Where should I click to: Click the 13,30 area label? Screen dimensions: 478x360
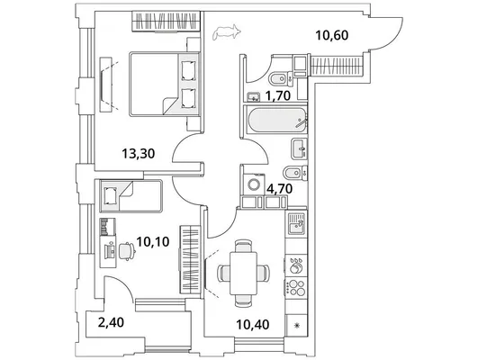point(138,153)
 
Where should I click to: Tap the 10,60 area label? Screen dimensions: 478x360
point(332,35)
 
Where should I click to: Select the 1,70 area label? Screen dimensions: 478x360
point(277,95)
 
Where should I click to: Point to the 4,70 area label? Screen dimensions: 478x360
point(280,189)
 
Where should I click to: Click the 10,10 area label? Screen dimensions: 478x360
point(153,242)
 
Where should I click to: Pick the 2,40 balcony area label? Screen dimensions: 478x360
point(111,322)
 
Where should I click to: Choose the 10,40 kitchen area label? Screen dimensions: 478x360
point(253,324)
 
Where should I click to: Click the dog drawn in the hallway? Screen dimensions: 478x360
point(227,32)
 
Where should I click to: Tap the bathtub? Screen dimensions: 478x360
point(277,120)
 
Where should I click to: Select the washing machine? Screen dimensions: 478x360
point(254,184)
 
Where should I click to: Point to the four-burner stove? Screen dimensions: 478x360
point(295,288)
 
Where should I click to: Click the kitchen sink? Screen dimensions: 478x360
point(296,223)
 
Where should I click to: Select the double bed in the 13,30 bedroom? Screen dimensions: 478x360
point(165,84)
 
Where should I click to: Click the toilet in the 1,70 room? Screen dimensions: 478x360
point(281,78)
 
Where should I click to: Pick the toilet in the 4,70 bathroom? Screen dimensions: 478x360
point(295,173)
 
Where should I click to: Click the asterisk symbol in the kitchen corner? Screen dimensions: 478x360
point(296,326)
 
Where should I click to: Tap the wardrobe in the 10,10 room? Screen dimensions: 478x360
point(190,260)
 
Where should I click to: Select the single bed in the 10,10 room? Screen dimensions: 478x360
point(131,195)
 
